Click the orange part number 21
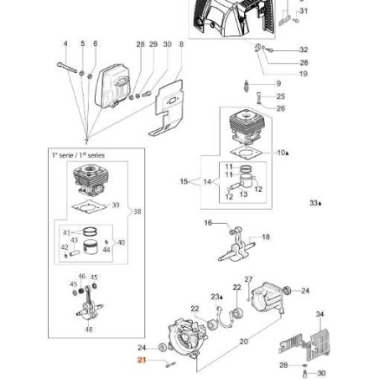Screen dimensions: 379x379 (143, 359)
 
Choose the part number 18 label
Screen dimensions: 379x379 (266, 237)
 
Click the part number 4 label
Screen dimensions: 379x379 (65, 43)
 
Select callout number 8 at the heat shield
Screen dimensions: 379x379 (181, 43)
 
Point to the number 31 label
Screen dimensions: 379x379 (304, 11)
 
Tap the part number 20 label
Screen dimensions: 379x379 (244, 341)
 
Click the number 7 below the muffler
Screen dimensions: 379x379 (85, 138)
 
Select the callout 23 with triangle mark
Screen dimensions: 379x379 (216, 296)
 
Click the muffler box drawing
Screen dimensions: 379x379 (114, 83)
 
